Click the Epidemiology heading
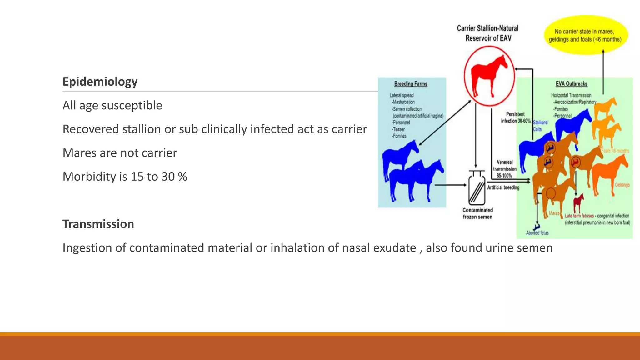pyautogui.click(x=100, y=82)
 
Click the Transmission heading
pyautogui.click(x=98, y=224)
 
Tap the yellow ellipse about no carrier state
pyautogui.click(x=586, y=35)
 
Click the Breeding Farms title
pyautogui.click(x=411, y=84)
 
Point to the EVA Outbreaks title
pyautogui.click(x=571, y=84)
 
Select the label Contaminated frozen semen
pyautogui.click(x=477, y=213)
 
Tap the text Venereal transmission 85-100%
pyautogui.click(x=504, y=169)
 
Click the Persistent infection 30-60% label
pyautogui.click(x=516, y=117)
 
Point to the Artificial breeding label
pyautogui.click(x=503, y=187)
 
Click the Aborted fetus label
pyautogui.click(x=537, y=233)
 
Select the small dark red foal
pyautogui.click(x=578, y=203)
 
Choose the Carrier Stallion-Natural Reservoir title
pyautogui.click(x=487, y=33)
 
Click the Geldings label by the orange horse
pyautogui.click(x=622, y=185)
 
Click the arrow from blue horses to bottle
pyautogui.click(x=450, y=185)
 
